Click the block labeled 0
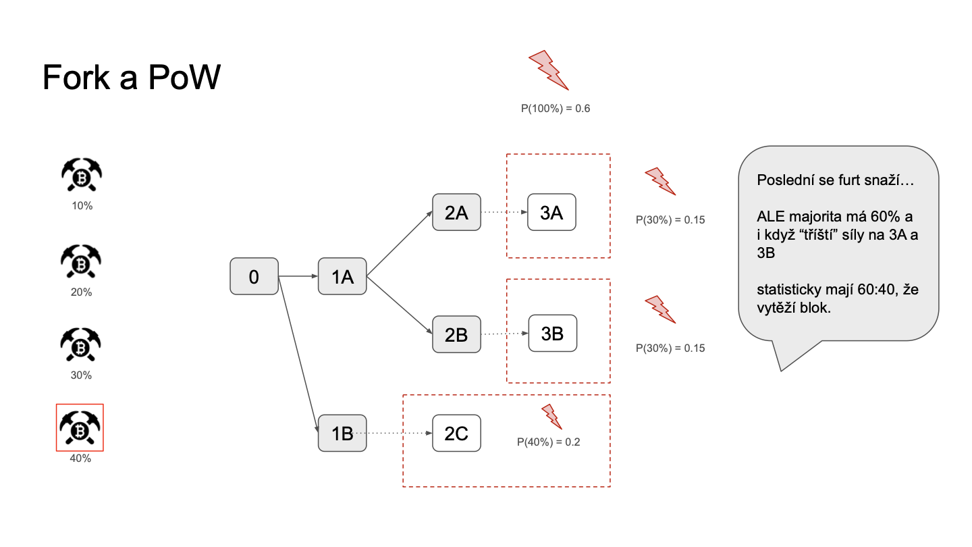tap(254, 276)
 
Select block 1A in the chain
tap(342, 276)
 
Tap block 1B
tap(342, 434)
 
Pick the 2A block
tap(456, 212)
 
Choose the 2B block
tap(456, 334)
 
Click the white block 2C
tap(456, 434)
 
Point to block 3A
tap(551, 212)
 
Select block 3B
tap(552, 334)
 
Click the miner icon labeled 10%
tap(82, 174)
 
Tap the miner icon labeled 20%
tap(81, 261)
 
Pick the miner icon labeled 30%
tap(80, 344)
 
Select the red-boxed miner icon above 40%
tap(80, 427)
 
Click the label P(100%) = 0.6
tap(556, 109)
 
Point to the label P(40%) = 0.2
tap(549, 442)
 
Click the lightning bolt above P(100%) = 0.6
tap(549, 70)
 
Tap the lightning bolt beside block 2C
tap(551, 417)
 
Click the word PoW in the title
tap(184, 77)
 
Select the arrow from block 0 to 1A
tap(298, 276)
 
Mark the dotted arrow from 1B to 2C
tap(394, 434)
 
